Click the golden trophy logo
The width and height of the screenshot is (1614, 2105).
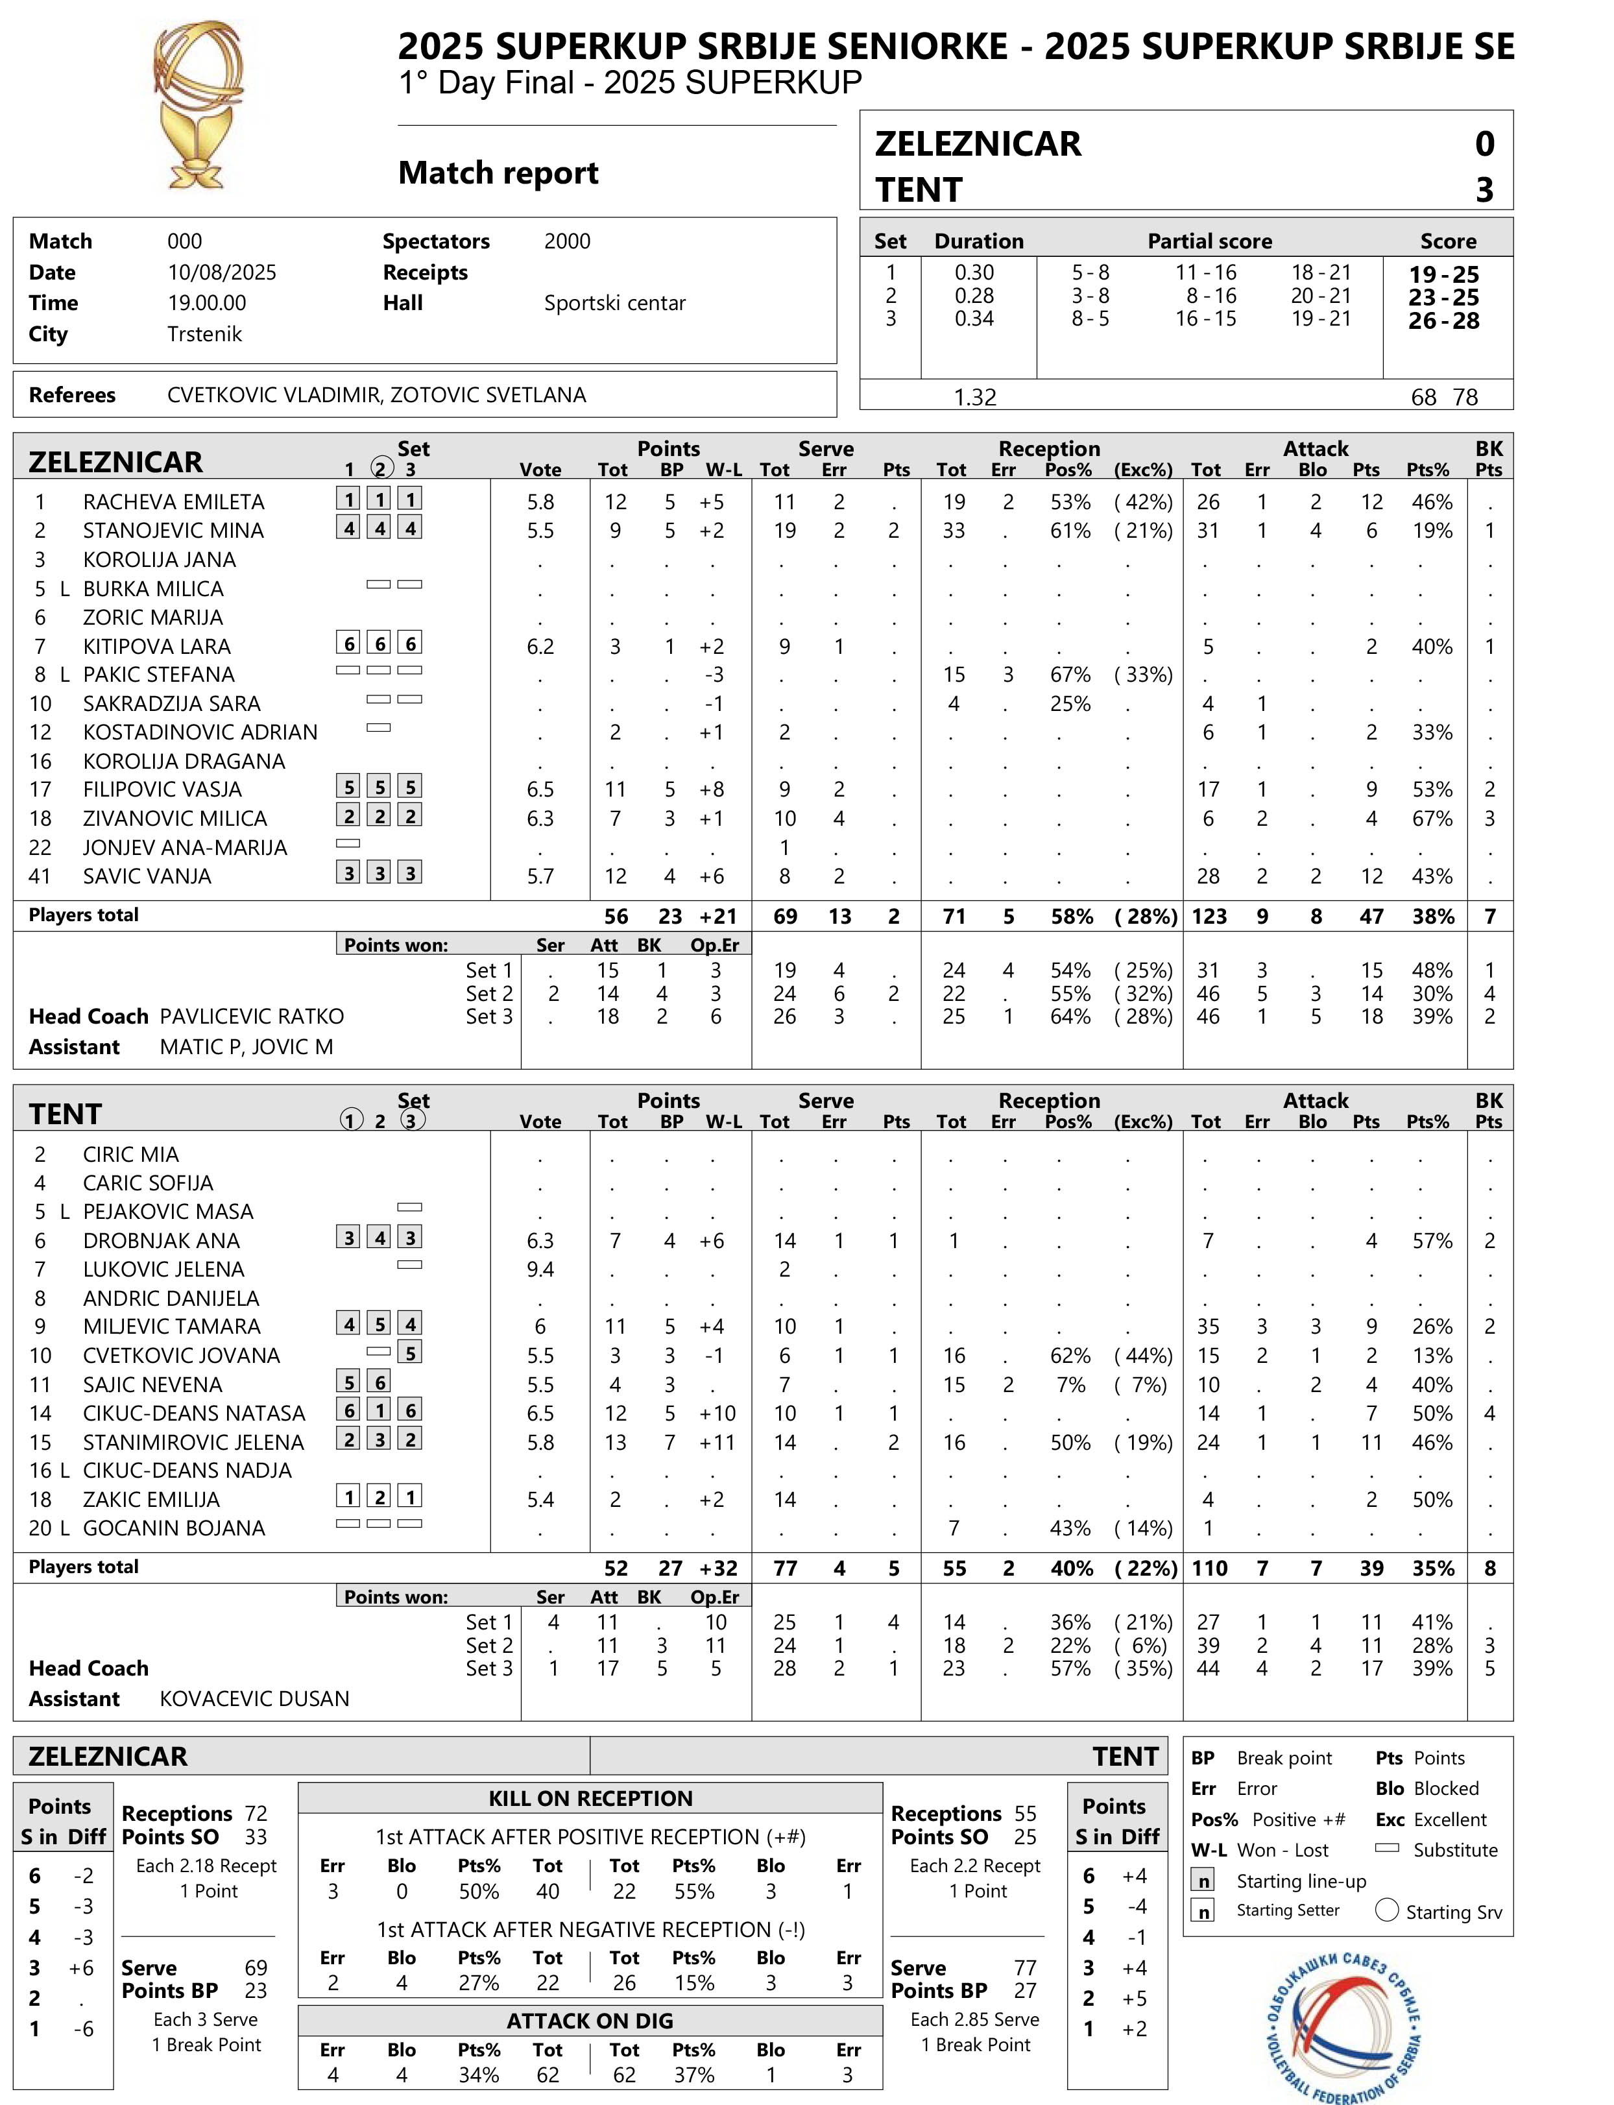(199, 106)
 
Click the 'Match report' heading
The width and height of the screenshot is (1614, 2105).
(498, 173)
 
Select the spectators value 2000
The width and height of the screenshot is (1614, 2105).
(567, 241)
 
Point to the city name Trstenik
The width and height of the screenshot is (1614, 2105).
(204, 334)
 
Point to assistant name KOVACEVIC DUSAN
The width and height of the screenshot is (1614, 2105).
(254, 1698)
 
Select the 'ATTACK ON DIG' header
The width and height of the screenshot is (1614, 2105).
(590, 2021)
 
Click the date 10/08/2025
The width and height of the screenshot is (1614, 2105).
(221, 272)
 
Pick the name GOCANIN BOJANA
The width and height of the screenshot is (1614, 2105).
(173, 1528)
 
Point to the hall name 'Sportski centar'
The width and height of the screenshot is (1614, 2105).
(615, 304)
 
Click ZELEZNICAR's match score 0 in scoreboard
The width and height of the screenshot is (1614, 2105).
(1484, 144)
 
